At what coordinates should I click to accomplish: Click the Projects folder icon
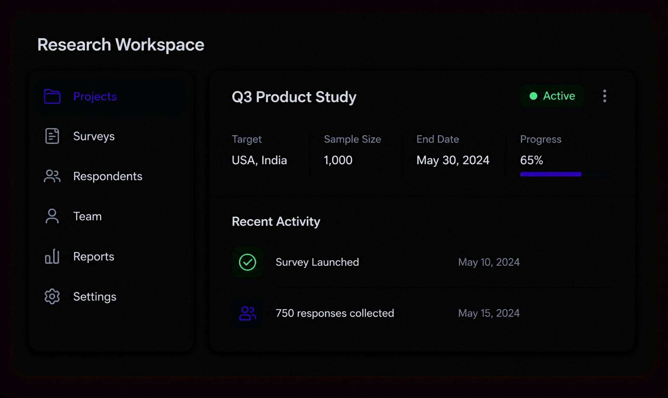[52, 97]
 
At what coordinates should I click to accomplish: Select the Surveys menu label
[94, 136]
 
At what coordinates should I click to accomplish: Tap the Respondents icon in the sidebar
[52, 176]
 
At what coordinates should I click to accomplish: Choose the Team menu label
[87, 216]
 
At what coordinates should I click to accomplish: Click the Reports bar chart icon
[52, 256]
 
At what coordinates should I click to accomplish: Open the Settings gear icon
[52, 297]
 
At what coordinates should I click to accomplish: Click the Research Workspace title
[121, 45]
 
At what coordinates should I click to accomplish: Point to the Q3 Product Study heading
[294, 97]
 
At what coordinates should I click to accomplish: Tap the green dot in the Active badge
[533, 96]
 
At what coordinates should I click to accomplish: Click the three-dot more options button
[605, 96]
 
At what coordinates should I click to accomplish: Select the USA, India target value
[259, 161]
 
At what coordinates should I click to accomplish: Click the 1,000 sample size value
[338, 161]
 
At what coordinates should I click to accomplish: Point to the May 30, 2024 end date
[453, 161]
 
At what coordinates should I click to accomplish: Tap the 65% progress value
[531, 161]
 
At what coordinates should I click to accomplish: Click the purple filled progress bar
[551, 174]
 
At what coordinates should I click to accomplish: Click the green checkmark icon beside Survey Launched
[248, 262]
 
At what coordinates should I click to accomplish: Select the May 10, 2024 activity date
[489, 262]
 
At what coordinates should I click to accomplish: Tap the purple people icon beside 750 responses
[248, 313]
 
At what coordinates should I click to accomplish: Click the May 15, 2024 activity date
[489, 313]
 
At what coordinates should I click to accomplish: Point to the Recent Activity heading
[276, 222]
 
